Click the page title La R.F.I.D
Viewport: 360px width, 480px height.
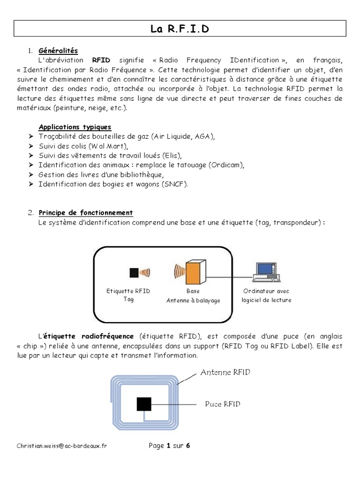(x=180, y=30)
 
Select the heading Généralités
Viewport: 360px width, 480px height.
(x=59, y=51)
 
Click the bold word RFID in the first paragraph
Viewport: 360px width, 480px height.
(x=101, y=60)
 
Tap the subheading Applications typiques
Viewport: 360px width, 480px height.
(x=75, y=127)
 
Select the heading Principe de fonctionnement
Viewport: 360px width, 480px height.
(x=86, y=213)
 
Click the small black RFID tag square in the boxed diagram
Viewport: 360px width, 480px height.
(x=134, y=273)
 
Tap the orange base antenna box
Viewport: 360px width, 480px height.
(x=194, y=272)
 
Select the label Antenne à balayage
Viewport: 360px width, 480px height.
(x=193, y=300)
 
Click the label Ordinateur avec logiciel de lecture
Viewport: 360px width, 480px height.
(x=266, y=295)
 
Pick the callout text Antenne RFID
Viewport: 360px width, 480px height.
(x=225, y=373)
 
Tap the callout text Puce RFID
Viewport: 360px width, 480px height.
(x=223, y=404)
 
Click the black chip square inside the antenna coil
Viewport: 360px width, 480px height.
(x=144, y=404)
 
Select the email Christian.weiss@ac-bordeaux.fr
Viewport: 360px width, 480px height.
(x=61, y=446)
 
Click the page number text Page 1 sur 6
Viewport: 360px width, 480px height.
(x=169, y=446)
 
